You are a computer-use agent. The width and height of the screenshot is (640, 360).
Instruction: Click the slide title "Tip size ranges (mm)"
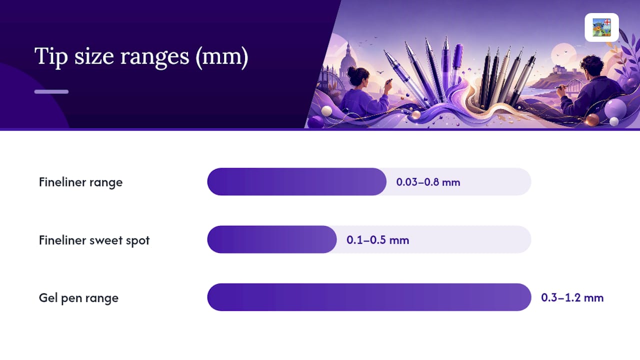pyautogui.click(x=141, y=56)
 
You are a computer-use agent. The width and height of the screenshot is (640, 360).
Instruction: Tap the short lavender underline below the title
pyautogui.click(x=51, y=91)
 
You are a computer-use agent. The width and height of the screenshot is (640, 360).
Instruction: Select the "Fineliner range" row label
pyautogui.click(x=80, y=182)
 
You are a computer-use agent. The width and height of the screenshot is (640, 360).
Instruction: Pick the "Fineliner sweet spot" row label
pyautogui.click(x=94, y=240)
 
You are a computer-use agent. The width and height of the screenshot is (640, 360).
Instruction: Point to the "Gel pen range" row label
pyautogui.click(x=78, y=298)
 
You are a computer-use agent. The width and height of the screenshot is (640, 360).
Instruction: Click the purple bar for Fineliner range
pyautogui.click(x=297, y=181)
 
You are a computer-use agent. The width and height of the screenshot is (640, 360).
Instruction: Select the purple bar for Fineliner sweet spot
pyautogui.click(x=272, y=239)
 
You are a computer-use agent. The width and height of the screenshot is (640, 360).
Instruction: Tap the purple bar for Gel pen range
pyautogui.click(x=369, y=297)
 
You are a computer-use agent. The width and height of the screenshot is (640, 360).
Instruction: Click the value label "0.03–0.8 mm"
pyautogui.click(x=428, y=182)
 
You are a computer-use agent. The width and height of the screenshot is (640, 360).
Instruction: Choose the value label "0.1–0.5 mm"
pyautogui.click(x=377, y=240)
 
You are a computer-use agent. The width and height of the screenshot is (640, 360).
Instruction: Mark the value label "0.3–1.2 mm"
pyautogui.click(x=572, y=297)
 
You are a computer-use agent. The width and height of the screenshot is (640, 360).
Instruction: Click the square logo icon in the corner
pyautogui.click(x=601, y=27)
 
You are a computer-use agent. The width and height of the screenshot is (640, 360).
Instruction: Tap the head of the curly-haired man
pyautogui.click(x=591, y=68)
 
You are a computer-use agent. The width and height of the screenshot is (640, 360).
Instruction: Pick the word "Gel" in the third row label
pyautogui.click(x=48, y=297)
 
